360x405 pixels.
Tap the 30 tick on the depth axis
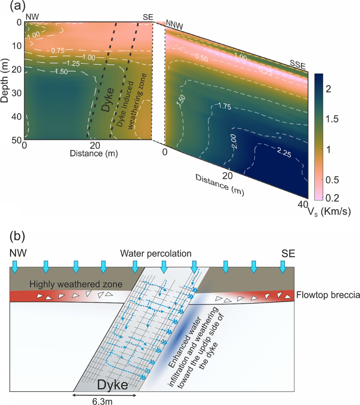[x=16, y=93]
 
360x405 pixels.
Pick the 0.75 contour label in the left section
[x=57, y=50]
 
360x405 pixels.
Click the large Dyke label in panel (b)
[x=114, y=385]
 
